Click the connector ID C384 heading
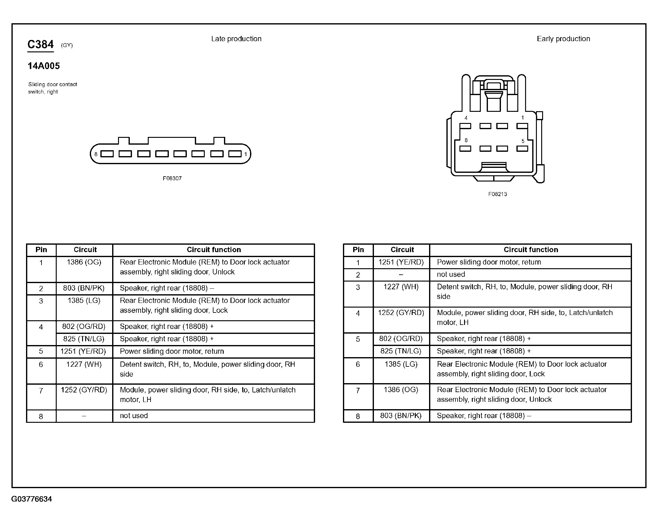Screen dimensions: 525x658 (40, 45)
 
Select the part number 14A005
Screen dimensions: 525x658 (44, 66)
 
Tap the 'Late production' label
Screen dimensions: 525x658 (236, 39)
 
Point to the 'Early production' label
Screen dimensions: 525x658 (563, 39)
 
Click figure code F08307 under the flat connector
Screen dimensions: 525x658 (172, 178)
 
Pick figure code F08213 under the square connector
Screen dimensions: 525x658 (498, 194)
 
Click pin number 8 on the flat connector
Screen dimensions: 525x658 (96, 154)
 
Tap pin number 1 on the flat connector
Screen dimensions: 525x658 (245, 154)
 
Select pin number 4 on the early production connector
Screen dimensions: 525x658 (466, 118)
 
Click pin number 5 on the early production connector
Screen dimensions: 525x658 (523, 141)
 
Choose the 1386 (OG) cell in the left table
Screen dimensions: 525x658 (84, 262)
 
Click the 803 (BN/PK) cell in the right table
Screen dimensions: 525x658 (401, 416)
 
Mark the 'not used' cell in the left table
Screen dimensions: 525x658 (134, 416)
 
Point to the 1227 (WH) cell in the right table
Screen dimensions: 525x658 (401, 287)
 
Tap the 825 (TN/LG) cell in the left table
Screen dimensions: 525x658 (84, 339)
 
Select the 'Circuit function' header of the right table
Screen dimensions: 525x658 (531, 250)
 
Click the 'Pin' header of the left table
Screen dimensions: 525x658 (41, 250)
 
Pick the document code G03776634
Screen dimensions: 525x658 (32, 499)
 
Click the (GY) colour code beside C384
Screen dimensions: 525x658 (67, 45)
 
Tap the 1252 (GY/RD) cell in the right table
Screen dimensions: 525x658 (401, 313)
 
